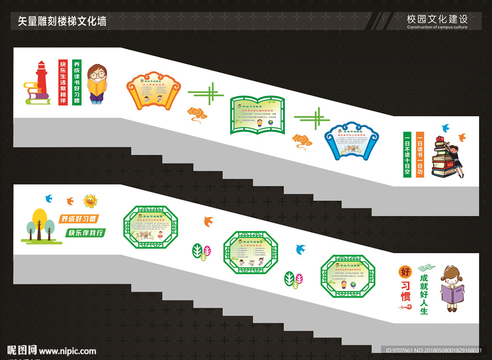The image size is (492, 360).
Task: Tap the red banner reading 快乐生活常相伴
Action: coord(62,82)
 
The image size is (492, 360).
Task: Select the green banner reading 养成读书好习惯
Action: coord(77,82)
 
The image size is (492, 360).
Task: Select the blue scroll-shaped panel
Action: coord(351,140)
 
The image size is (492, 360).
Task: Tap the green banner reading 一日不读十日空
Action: coord(407,155)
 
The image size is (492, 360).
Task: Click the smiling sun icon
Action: coord(89,200)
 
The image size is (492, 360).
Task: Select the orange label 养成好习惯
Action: coord(77,219)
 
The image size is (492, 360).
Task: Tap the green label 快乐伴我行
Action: coord(86,233)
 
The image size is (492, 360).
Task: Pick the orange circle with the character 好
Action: coord(406,272)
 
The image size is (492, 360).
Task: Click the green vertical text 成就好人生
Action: coord(423,294)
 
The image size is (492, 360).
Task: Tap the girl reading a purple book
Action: coord(452,288)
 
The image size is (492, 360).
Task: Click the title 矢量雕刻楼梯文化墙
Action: coord(62,21)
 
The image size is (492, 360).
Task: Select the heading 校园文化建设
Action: coord(437,19)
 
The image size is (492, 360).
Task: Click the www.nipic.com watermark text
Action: coord(67,351)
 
